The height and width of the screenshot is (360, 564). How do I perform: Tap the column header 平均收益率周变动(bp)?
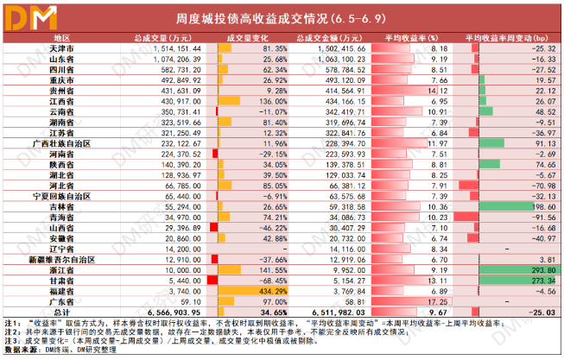(510, 39)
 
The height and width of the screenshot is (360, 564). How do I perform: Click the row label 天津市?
(61, 49)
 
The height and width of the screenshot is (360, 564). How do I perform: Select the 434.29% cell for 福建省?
(245, 292)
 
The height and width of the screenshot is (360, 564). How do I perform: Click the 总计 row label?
(61, 312)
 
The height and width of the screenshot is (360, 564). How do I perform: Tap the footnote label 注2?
(12, 331)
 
